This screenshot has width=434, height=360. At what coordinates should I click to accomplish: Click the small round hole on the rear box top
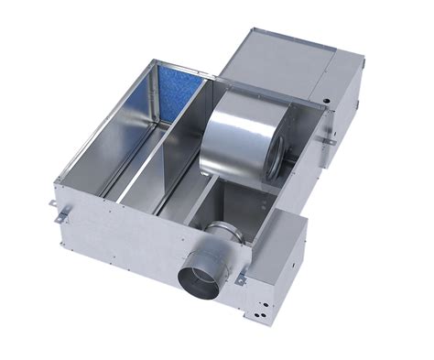click(321, 95)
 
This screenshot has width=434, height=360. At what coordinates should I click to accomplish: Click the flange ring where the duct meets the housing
click(224, 238)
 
